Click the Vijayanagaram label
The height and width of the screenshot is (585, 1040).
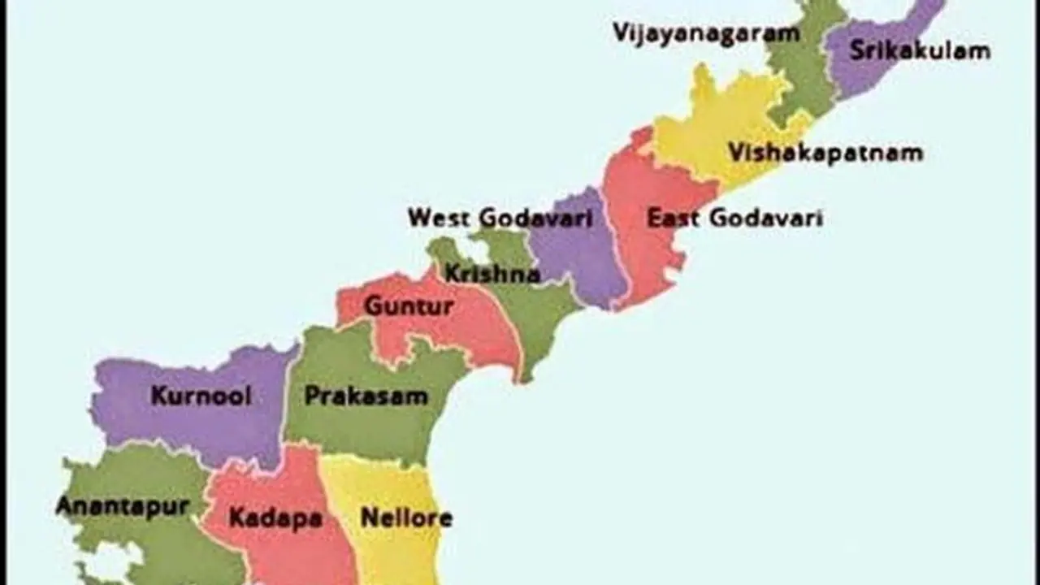pyautogui.click(x=705, y=33)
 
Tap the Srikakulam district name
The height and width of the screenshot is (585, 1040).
pyautogui.click(x=920, y=50)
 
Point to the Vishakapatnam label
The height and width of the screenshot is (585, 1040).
pyautogui.click(x=825, y=153)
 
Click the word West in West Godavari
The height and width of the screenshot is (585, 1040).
pyautogui.click(x=440, y=218)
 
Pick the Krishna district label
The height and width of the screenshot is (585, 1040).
pyautogui.click(x=492, y=274)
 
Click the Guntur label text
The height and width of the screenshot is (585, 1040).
pyautogui.click(x=408, y=307)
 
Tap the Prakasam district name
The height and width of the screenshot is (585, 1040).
pyautogui.click(x=366, y=396)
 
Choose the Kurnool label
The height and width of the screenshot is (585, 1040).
pyautogui.click(x=201, y=396)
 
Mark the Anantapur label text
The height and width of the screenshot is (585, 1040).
pyautogui.click(x=122, y=506)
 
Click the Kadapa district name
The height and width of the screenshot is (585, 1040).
pyautogui.click(x=275, y=518)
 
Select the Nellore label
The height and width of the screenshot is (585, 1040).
pyautogui.click(x=406, y=518)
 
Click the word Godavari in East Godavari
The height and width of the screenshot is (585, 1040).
pyautogui.click(x=766, y=218)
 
